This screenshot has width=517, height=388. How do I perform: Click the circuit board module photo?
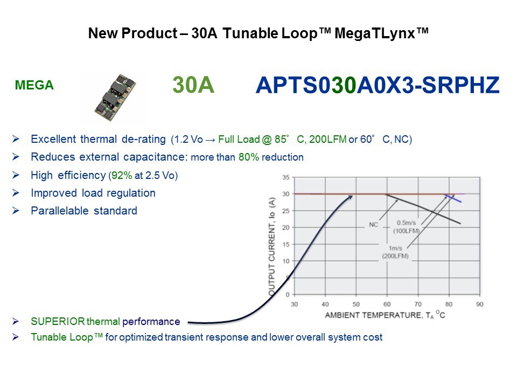115,98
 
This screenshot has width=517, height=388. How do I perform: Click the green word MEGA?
34,86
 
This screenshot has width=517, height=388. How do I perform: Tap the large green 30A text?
193,85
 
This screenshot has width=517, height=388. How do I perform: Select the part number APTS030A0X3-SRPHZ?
378,85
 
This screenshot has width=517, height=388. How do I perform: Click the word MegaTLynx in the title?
375,33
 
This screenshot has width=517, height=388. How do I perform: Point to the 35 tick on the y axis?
285,177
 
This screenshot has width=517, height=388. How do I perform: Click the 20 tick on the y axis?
285,227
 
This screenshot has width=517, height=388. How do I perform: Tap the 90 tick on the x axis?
480,304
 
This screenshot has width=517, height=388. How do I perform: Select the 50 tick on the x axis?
356,304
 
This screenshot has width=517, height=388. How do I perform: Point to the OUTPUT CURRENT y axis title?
272,246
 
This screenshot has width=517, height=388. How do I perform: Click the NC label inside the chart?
373,225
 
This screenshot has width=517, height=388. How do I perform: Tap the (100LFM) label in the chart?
406,231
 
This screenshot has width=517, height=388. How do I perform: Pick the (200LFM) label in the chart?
395,256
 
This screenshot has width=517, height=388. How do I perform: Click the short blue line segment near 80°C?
453,199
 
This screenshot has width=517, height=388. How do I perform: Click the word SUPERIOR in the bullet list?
58,322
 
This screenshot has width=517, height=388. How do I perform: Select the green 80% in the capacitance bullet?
249,157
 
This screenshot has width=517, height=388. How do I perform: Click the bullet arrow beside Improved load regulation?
16,193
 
